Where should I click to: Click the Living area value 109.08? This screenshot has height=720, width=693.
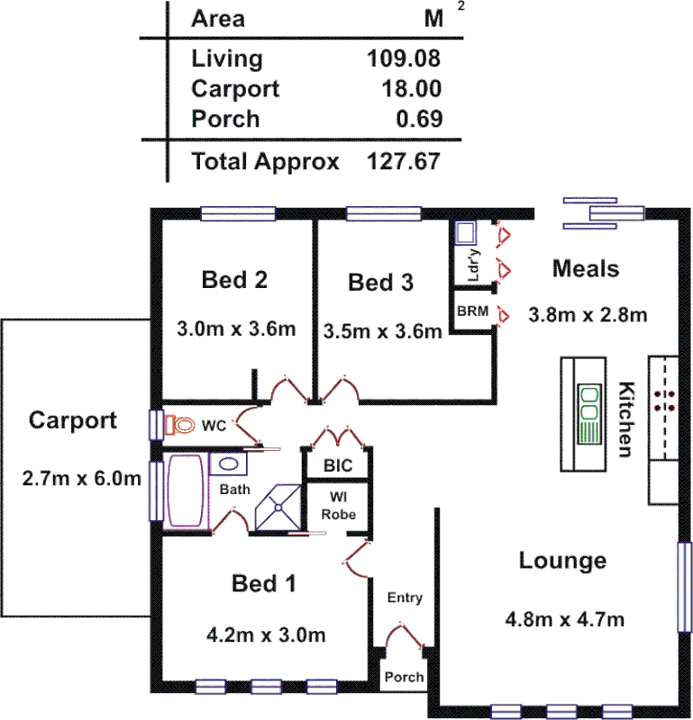tap(404, 59)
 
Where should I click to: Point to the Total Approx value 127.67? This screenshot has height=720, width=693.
tap(404, 162)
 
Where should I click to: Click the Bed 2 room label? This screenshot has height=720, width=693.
tap(234, 280)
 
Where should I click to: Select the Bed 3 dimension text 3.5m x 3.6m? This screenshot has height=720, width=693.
tap(382, 330)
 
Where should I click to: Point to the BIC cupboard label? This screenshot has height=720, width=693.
tap(338, 466)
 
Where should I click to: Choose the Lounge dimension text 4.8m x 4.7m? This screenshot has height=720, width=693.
tap(564, 619)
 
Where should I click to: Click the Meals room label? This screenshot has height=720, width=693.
tap(586, 268)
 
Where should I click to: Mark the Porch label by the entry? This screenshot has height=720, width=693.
tap(405, 677)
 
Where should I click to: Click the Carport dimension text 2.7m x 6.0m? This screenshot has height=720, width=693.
tap(81, 477)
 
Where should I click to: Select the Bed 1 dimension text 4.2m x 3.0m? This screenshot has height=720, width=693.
tap(265, 635)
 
